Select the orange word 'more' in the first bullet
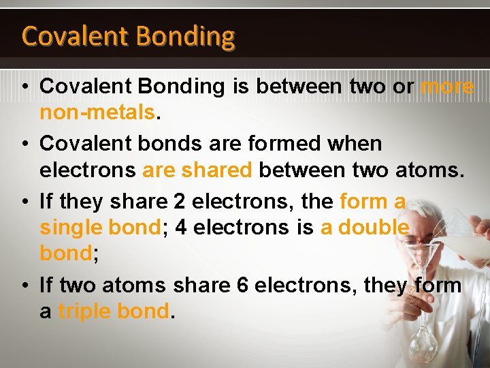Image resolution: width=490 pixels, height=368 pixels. click(x=447, y=87)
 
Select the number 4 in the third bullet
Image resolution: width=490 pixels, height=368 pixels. click(x=180, y=228)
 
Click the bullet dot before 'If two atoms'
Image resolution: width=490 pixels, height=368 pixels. click(x=23, y=285)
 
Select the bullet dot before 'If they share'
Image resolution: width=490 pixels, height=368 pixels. click(x=23, y=202)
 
